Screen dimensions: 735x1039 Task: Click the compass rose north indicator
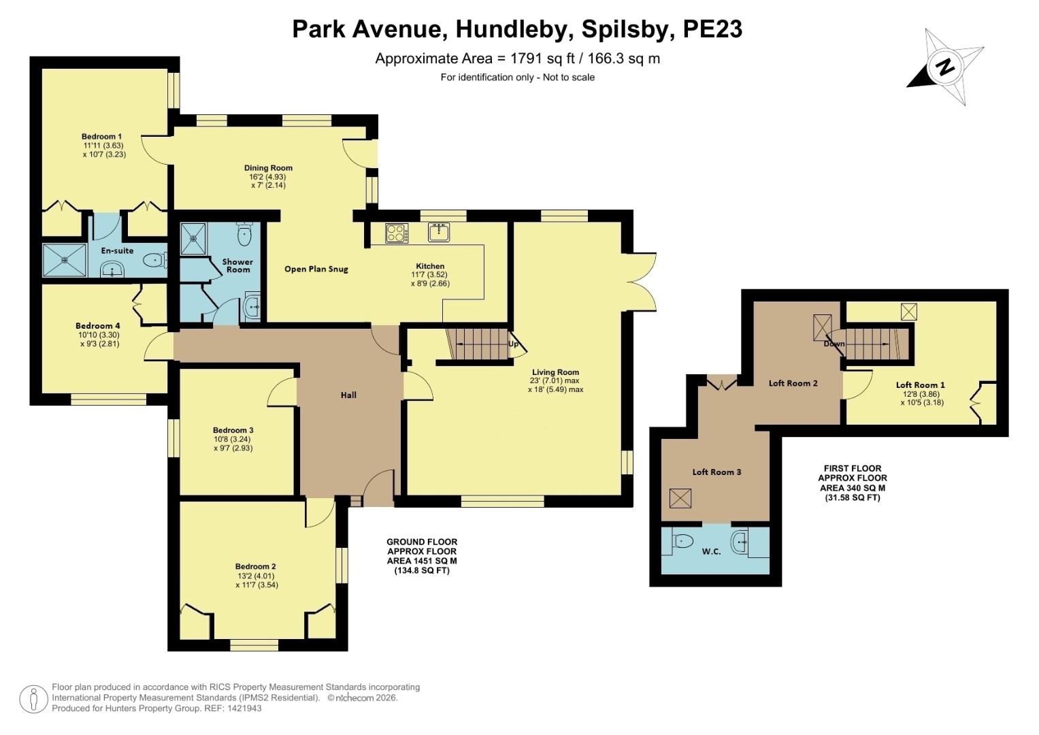[x=945, y=67]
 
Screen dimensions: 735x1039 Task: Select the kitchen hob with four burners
[x=396, y=233]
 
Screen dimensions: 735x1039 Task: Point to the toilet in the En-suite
[x=156, y=260]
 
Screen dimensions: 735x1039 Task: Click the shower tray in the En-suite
[x=65, y=260]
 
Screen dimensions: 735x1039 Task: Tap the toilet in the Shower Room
[x=244, y=235]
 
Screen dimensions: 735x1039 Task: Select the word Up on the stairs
[x=513, y=344]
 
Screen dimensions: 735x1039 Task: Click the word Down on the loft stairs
[x=834, y=344]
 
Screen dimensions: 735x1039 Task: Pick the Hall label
[x=348, y=395]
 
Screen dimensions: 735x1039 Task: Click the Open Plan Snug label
[x=316, y=269]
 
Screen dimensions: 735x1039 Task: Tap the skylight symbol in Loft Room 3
[x=680, y=498]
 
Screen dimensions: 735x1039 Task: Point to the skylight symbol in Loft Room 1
[x=909, y=312]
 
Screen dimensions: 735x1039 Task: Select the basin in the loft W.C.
[x=739, y=542]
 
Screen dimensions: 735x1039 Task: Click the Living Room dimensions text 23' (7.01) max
[x=555, y=381]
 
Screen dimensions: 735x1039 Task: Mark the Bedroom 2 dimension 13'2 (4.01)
[x=256, y=575]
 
